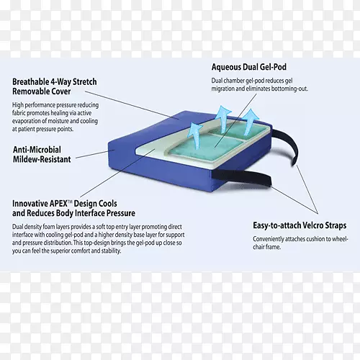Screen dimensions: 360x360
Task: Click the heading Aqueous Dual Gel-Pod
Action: [x=249, y=67]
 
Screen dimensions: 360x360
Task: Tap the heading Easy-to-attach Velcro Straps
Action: [x=300, y=225]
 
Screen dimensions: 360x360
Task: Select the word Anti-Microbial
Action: [x=37, y=150]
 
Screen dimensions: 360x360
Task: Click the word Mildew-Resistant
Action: [x=42, y=159]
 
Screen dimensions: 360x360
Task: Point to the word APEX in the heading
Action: [x=59, y=204]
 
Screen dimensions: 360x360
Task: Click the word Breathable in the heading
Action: [x=30, y=81]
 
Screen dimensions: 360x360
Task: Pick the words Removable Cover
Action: [x=42, y=91]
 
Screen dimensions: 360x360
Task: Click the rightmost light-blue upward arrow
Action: [x=250, y=121]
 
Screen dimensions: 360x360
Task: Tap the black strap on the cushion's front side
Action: [x=241, y=178]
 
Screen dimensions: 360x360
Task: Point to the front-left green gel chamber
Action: [x=207, y=148]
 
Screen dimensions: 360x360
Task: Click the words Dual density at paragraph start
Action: [x=27, y=227]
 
